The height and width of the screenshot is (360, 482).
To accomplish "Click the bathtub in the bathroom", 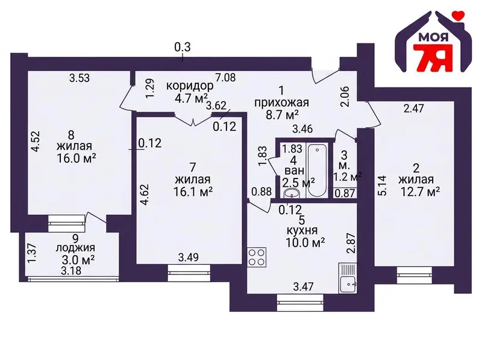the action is (317, 170).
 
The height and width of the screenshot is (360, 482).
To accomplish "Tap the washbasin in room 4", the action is (292, 193).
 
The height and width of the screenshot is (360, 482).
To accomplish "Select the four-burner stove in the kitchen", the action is (257, 257).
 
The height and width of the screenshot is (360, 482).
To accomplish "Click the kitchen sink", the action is (348, 278).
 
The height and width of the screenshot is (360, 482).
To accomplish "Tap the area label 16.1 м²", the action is (193, 192).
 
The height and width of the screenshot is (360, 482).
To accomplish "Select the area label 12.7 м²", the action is (420, 192).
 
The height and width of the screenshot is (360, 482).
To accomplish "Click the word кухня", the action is (302, 230).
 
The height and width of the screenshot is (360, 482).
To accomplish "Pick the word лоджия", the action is (75, 248).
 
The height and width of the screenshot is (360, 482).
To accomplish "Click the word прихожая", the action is (281, 103).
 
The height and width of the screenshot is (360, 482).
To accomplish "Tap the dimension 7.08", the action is (225, 78).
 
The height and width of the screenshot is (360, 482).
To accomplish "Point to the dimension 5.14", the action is (383, 186).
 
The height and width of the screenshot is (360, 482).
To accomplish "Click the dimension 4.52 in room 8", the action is (36, 141).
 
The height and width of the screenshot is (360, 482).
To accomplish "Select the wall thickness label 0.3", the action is (183, 48).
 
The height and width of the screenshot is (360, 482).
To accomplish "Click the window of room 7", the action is (189, 273).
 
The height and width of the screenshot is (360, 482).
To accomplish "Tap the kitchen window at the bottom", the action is (300, 303).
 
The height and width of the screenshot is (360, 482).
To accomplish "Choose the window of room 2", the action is (415, 275).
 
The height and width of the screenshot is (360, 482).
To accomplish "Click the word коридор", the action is (190, 86).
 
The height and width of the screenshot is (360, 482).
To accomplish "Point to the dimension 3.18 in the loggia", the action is (71, 271).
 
